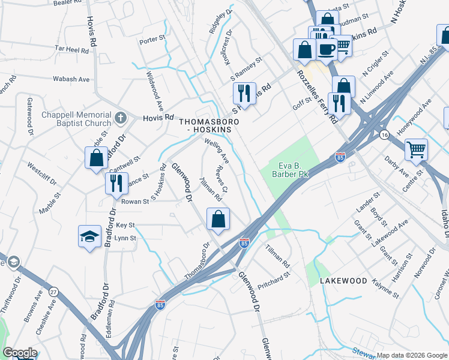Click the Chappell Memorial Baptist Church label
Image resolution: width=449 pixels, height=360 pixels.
(76, 119)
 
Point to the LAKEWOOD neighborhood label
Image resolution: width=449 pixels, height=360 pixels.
(343, 281)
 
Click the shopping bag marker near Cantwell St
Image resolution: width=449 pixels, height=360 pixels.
(96, 158)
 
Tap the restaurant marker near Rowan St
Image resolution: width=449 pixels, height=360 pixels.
(116, 182)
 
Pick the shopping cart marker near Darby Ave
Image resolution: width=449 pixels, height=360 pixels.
(416, 149)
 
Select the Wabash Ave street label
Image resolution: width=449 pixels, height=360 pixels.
(71, 79)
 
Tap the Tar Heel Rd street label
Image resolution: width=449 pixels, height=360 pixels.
(71, 49)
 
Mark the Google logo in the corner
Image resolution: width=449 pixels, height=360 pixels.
(20, 353)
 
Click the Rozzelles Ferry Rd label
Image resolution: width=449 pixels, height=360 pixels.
(317, 96)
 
